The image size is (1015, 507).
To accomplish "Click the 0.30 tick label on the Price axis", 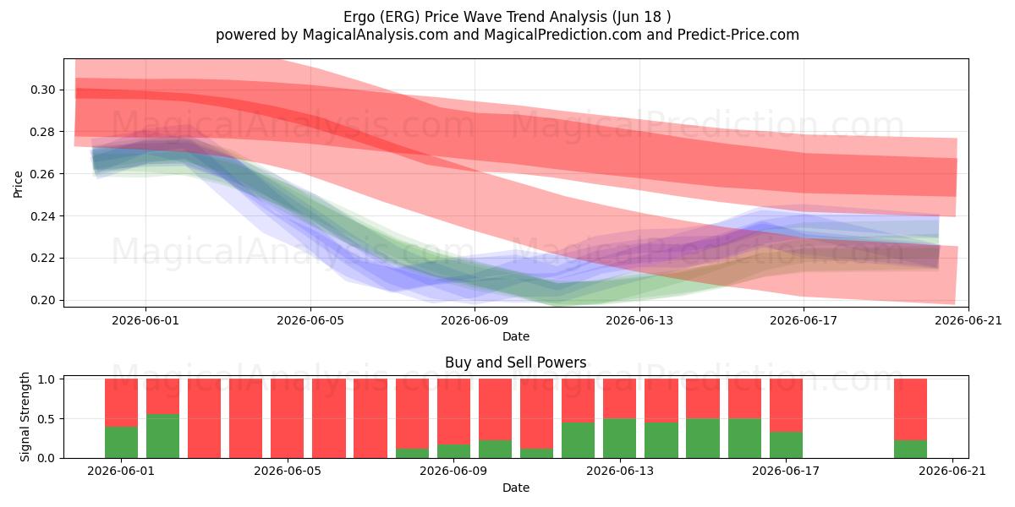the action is click(42, 90).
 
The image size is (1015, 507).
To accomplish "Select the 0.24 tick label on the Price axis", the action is click(42, 216).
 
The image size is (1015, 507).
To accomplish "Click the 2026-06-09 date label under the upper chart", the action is click(475, 320).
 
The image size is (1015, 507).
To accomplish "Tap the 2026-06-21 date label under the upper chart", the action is click(968, 320).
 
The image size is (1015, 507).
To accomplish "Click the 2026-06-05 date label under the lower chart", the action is click(288, 471).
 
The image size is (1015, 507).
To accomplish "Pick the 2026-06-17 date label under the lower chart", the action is click(786, 471).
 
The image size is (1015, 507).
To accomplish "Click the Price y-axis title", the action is click(18, 184).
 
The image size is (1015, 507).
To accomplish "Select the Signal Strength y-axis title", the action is click(25, 417).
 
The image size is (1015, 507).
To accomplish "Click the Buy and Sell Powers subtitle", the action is click(516, 363).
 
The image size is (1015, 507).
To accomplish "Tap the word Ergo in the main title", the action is click(359, 17).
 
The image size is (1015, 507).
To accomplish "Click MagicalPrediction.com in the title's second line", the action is click(562, 35).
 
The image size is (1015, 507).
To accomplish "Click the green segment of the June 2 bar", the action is click(162, 436).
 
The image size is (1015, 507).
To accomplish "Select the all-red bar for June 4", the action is click(245, 418).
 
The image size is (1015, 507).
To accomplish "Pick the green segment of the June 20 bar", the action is click(910, 449).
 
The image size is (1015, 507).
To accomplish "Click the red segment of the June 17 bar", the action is click(786, 405).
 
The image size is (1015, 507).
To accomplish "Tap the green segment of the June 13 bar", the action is click(619, 439).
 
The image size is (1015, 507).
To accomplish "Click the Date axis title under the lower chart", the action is click(516, 488).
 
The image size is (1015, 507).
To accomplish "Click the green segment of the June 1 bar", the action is click(122, 442).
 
